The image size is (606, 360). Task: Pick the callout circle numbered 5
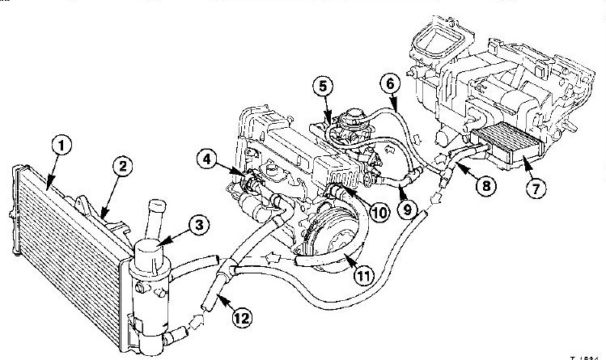322,85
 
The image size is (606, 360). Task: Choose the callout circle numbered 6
388,83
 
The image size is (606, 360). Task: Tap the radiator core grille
65,218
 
